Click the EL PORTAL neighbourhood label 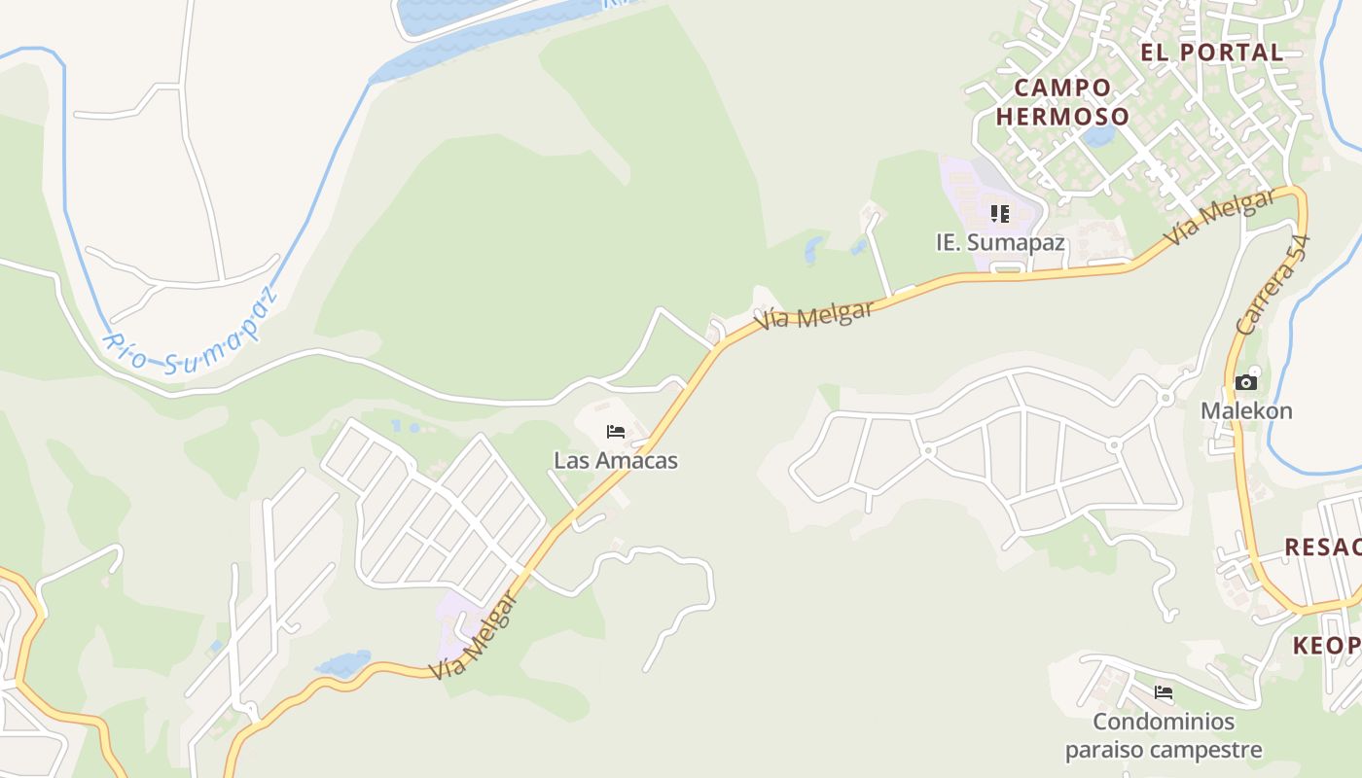tap(1212, 53)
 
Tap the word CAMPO tap(1062, 88)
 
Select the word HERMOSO tap(1062, 117)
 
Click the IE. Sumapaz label tap(1000, 242)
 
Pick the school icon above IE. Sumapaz tap(1000, 213)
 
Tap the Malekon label tap(1246, 410)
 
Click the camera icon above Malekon tap(1246, 382)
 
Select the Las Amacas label tap(615, 460)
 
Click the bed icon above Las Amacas tap(615, 432)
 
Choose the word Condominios tap(1164, 722)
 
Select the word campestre tap(1214, 750)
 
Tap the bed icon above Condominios tap(1163, 693)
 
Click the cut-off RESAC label tap(1322, 547)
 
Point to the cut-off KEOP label tap(1327, 646)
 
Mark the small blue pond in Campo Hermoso tap(1099, 135)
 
